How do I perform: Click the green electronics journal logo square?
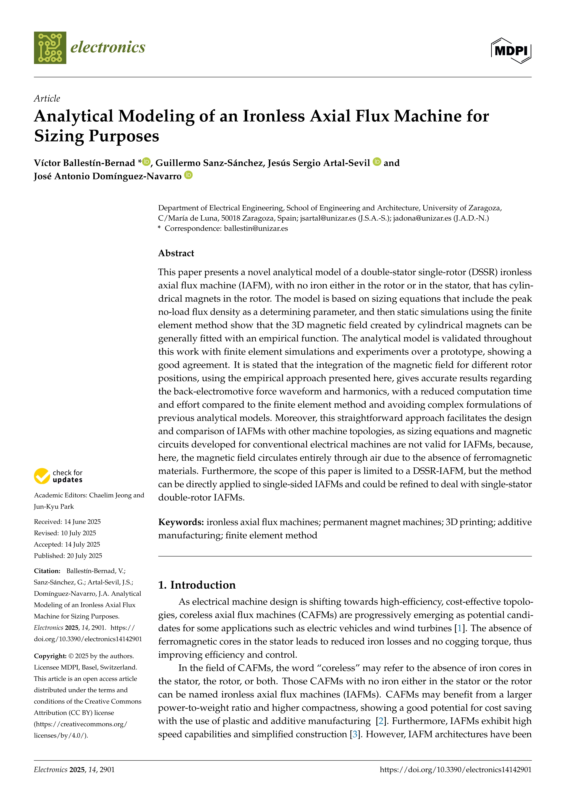coord(50,48)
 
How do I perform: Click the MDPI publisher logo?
coord(511,50)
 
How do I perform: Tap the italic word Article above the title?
coord(47,98)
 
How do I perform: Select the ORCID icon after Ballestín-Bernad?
coord(146,161)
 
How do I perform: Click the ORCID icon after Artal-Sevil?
coord(377,161)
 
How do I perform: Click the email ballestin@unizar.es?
coord(256,228)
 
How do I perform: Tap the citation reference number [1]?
coord(459,628)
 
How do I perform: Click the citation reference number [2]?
coord(381,721)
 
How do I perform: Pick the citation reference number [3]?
coord(355,734)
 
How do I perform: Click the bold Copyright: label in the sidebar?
coord(50,656)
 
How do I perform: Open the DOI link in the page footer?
coord(456,770)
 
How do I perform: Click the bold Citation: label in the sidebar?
coord(47,571)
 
